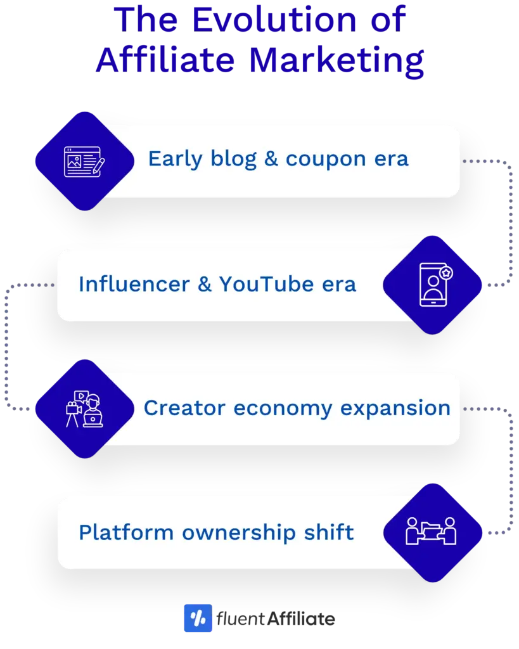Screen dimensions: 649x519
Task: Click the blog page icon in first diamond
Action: click(x=84, y=161)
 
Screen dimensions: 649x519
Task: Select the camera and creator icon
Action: click(x=84, y=409)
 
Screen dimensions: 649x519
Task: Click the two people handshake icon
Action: click(x=431, y=532)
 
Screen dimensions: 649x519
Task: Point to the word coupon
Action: click(x=326, y=159)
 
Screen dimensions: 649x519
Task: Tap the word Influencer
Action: click(x=133, y=284)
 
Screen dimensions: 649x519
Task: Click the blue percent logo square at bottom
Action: click(x=198, y=619)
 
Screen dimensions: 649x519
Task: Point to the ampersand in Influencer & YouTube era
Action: click(x=204, y=284)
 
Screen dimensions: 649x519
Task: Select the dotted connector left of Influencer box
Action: click(x=38, y=285)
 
